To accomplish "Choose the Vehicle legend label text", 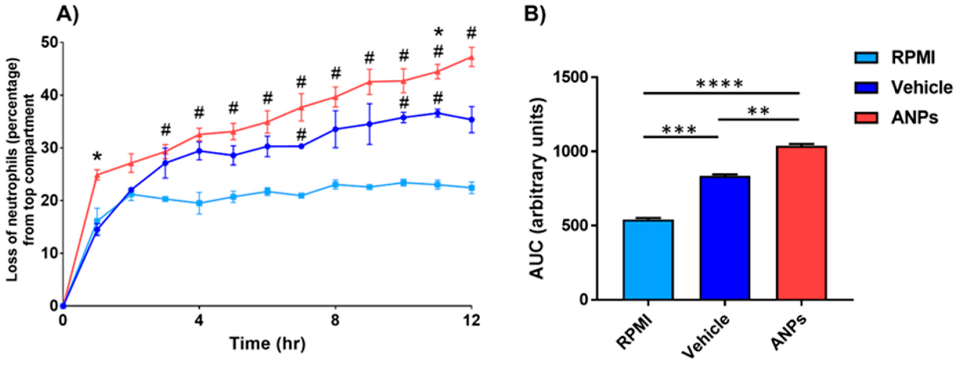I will point(921,87).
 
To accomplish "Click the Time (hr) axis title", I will point(267,344).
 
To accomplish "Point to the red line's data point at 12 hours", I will point(471,57).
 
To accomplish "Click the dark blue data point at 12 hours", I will point(471,120).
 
